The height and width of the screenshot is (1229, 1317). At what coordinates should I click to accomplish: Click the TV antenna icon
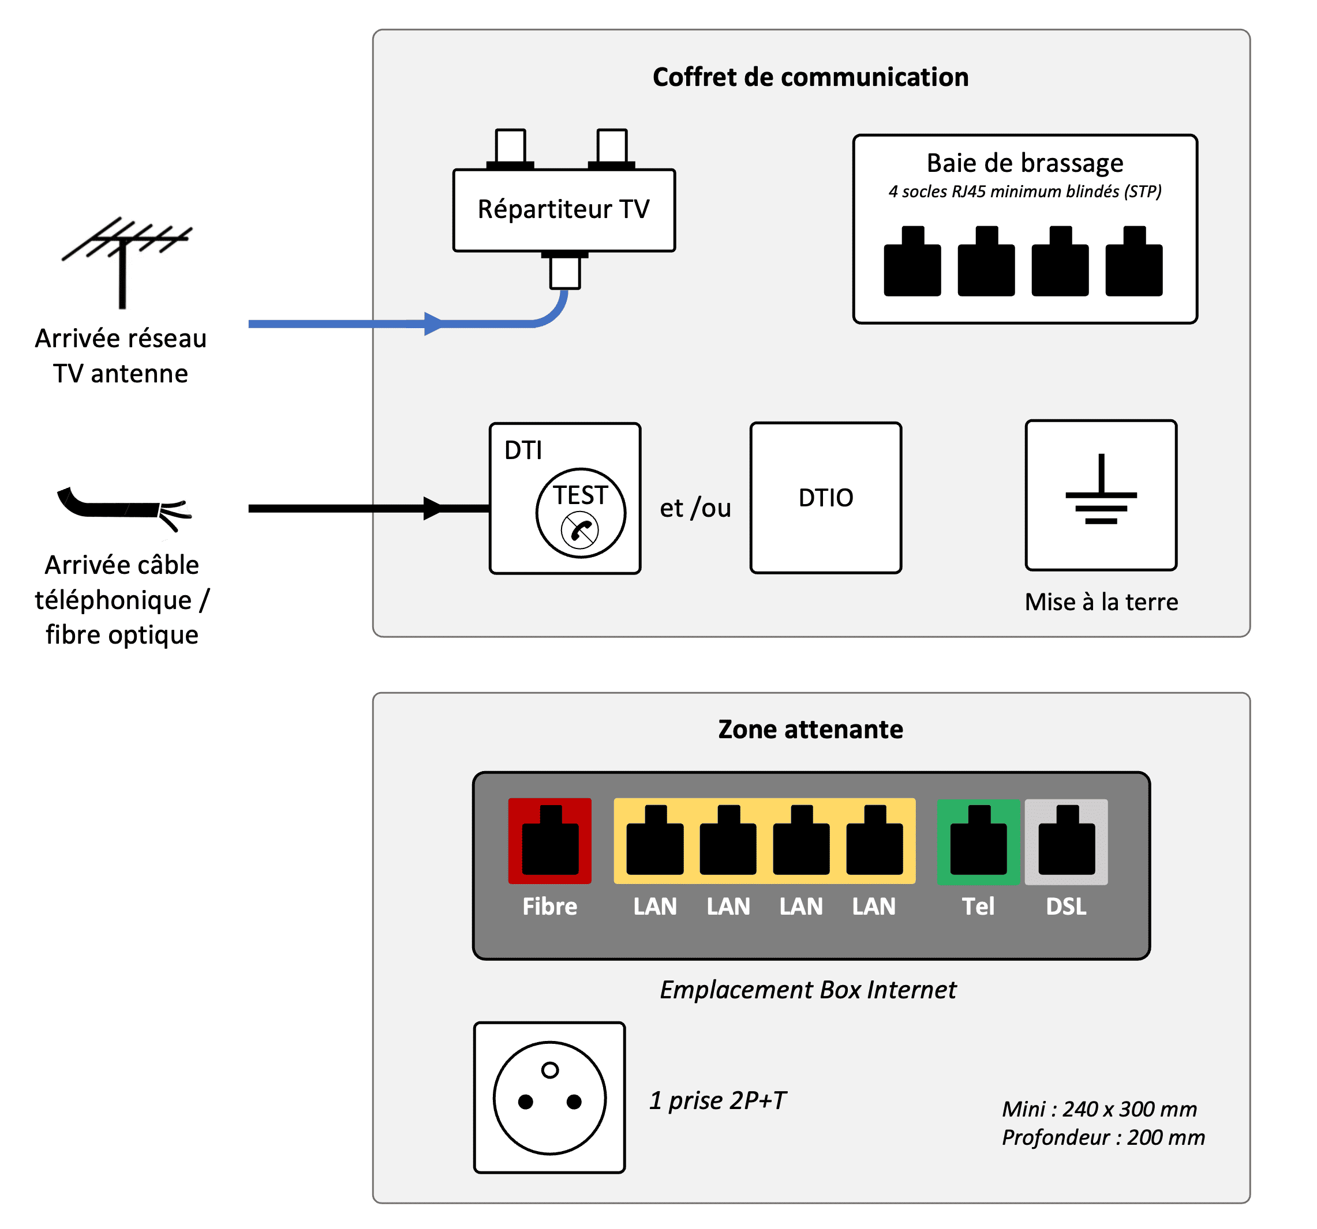click(122, 262)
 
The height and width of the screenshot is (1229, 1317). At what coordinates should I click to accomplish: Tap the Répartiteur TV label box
click(564, 210)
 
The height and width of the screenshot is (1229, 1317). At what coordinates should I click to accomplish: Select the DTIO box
click(825, 497)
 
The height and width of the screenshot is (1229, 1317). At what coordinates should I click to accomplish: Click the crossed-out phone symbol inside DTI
click(579, 530)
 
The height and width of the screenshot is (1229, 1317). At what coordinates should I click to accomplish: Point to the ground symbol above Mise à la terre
click(1101, 488)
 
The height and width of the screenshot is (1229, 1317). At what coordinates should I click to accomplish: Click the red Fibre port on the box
click(550, 840)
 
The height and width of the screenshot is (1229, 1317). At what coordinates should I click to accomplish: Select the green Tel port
click(978, 841)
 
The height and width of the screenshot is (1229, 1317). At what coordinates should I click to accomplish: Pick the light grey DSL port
click(1066, 841)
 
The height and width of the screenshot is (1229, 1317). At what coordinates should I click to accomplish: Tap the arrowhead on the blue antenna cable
click(434, 324)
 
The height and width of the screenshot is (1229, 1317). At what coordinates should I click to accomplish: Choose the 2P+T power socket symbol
click(550, 1098)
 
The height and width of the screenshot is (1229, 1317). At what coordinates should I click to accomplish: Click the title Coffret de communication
click(810, 77)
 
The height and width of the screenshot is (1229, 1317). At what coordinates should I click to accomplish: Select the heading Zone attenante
click(810, 729)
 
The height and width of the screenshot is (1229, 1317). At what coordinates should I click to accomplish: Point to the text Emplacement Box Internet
click(808, 989)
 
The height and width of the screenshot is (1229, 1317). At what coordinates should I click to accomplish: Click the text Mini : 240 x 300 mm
click(1099, 1108)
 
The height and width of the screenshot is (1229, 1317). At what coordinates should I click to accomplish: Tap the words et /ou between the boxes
click(695, 508)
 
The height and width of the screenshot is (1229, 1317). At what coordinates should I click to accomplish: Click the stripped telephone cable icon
click(125, 509)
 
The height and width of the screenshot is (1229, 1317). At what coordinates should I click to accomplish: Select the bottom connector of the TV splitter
click(565, 270)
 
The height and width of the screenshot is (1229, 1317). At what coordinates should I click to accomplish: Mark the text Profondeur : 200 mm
click(1103, 1137)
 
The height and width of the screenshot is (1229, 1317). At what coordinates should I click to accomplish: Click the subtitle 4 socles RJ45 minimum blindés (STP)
click(1025, 191)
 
